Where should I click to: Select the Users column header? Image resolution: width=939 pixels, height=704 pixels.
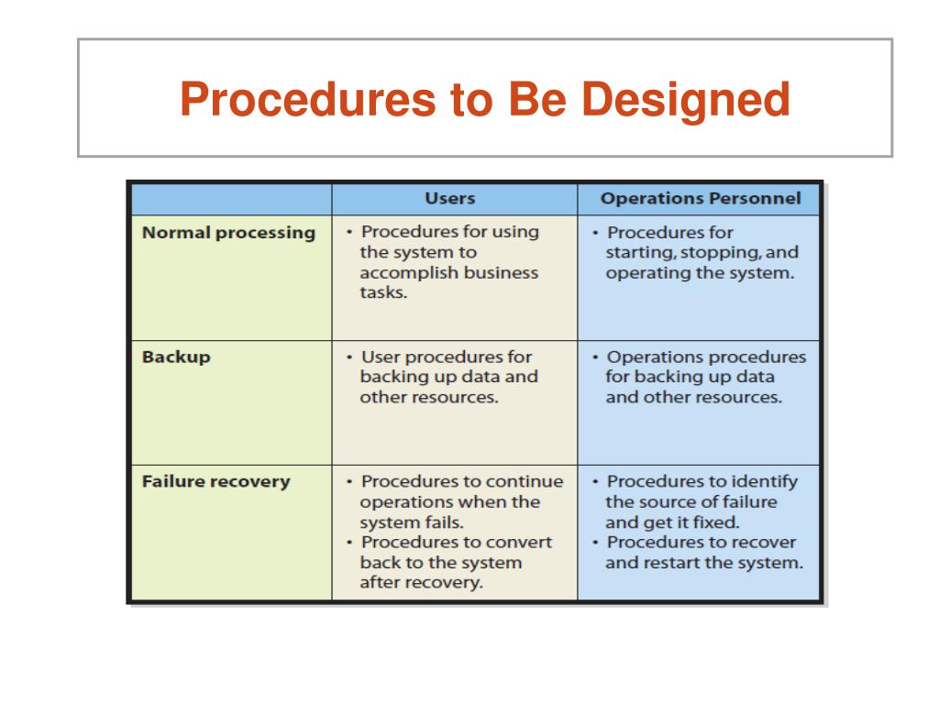(x=449, y=198)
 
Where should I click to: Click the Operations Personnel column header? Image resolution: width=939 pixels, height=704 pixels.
(x=700, y=198)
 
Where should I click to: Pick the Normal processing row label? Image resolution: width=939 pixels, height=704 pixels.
(x=228, y=233)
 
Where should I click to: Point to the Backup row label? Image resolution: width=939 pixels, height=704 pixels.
(x=176, y=357)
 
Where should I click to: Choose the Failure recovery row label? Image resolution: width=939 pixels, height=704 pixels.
(x=215, y=481)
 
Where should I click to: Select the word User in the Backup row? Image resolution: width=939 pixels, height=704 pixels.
(x=381, y=357)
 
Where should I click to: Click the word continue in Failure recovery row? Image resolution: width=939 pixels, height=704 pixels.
(x=525, y=481)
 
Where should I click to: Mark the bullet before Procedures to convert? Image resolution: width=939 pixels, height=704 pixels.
(x=351, y=543)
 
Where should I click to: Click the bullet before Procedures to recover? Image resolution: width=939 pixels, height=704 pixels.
(x=597, y=543)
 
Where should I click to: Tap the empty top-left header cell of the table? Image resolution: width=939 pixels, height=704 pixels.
(x=230, y=199)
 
